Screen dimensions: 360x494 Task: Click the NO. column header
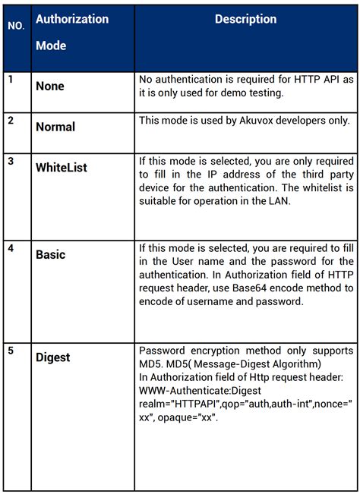coord(16,25)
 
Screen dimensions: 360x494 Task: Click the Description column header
coord(245,19)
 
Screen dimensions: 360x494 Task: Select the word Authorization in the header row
coord(72,19)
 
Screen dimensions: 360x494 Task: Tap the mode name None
coord(50,87)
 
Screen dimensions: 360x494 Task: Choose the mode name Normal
coord(55,127)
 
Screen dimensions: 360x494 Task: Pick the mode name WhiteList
coord(62,167)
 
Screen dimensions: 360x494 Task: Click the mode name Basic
coord(51,254)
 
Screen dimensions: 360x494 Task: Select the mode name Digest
coord(53,357)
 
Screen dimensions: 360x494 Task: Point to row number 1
coord(11,79)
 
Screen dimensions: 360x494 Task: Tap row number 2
coord(11,120)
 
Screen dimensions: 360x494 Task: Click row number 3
coord(11,160)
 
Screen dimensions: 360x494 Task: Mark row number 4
coord(11,247)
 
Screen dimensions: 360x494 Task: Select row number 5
coord(11,350)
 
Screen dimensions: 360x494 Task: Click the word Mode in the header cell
coord(51,46)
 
